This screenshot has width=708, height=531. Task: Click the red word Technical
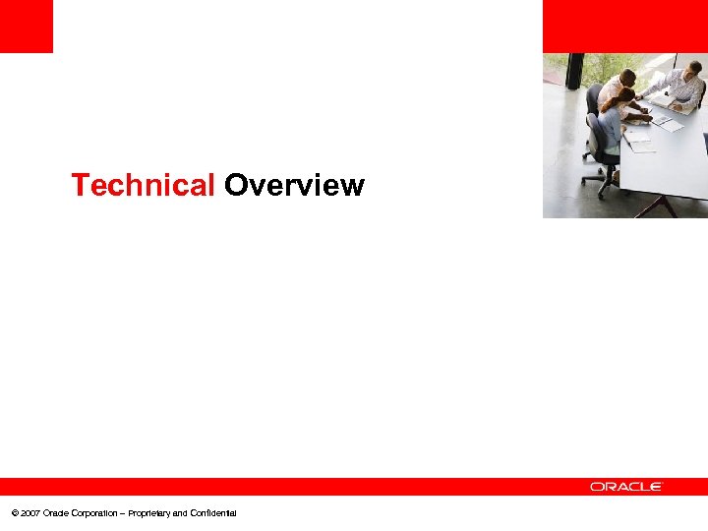coord(143,185)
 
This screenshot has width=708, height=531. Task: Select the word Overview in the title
coord(294,185)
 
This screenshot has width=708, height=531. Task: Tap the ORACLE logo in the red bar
coord(626,486)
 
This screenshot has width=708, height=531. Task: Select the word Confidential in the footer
coord(212,513)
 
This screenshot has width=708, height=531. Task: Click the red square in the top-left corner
coord(26,26)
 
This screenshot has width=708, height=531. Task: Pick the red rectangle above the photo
coord(624,26)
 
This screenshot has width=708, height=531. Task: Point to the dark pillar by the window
coord(575,71)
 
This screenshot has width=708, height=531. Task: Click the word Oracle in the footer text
coord(56,513)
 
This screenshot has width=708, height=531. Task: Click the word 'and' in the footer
coord(179,513)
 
